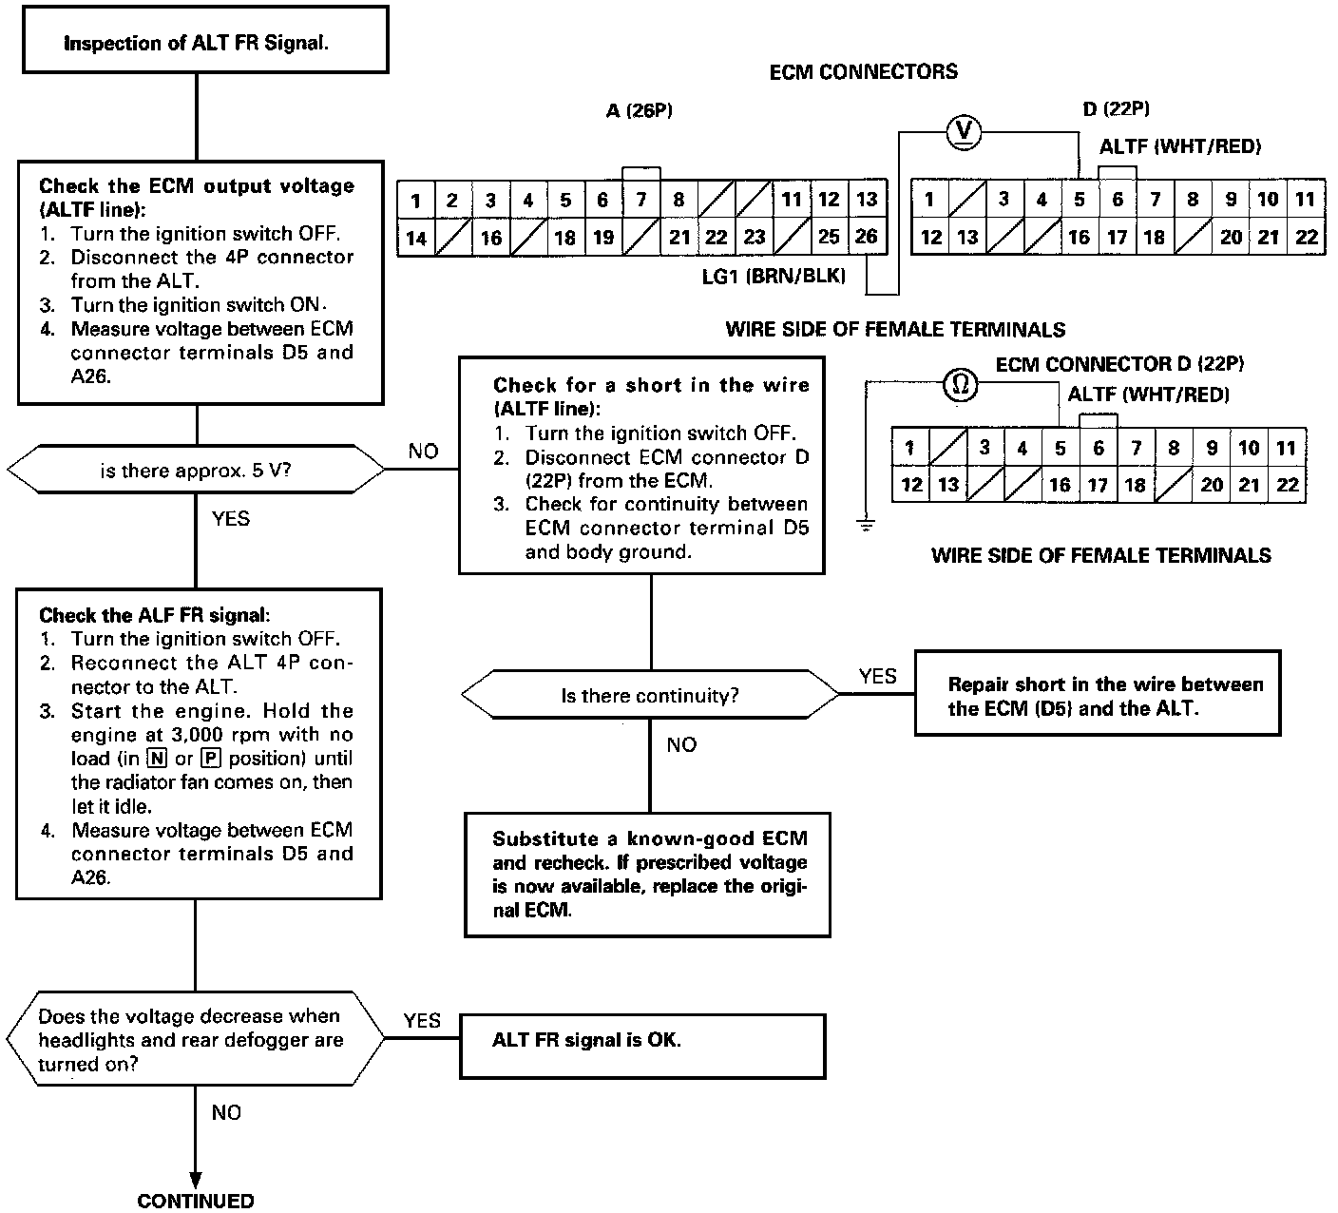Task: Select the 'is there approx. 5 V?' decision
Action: (x=196, y=470)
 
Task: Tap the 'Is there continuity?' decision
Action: (x=650, y=696)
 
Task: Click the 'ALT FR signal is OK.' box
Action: (x=642, y=1046)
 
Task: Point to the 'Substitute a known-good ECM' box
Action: (x=647, y=875)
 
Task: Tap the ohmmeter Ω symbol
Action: (x=960, y=385)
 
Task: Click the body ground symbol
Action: (x=866, y=523)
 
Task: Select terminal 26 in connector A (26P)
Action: (x=867, y=236)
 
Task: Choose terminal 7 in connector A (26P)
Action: (x=641, y=200)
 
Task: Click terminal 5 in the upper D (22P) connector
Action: (x=1080, y=200)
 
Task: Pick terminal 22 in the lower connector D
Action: (x=1287, y=485)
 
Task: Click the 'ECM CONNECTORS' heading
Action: (x=863, y=71)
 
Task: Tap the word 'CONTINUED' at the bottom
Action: (x=196, y=1201)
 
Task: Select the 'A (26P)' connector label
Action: (x=639, y=111)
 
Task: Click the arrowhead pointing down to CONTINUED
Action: (x=196, y=1178)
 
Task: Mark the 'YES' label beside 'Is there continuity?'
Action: (x=877, y=676)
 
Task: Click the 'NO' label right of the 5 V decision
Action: (x=423, y=452)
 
